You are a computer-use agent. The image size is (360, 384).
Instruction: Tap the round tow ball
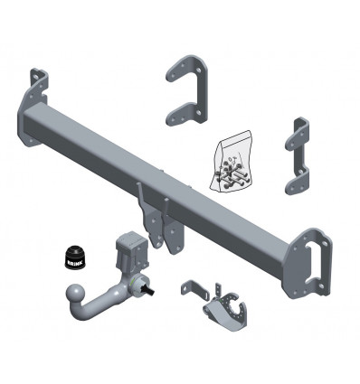click(75, 293)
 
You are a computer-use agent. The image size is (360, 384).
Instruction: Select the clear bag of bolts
click(231, 161)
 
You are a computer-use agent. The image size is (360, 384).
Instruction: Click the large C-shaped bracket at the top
click(189, 90)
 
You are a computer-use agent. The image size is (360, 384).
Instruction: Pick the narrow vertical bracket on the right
click(298, 156)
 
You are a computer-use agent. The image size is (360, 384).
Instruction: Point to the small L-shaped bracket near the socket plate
click(194, 290)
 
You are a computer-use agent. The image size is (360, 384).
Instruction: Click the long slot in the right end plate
click(314, 263)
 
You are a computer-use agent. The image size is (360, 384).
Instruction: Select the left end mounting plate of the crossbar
click(33, 107)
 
